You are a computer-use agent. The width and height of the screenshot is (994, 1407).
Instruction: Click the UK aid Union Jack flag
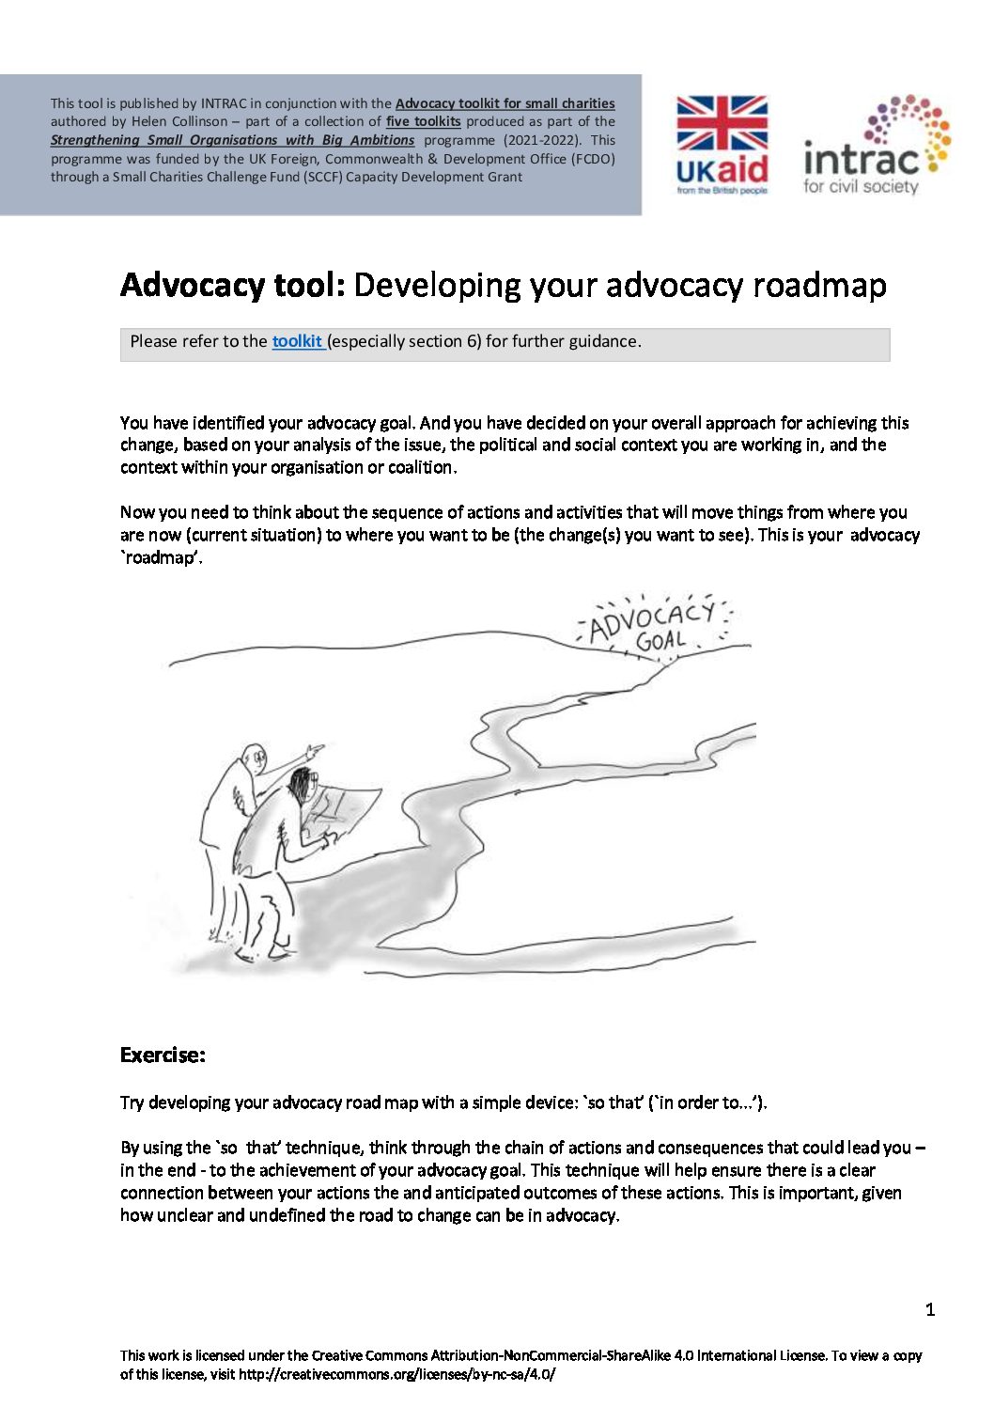[x=722, y=122]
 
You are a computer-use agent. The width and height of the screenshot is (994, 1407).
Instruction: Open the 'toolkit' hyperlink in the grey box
[x=297, y=341]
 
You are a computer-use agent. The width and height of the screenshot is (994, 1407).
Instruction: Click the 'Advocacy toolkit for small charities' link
[x=505, y=103]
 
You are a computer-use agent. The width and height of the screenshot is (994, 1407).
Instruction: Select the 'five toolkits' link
[x=423, y=121]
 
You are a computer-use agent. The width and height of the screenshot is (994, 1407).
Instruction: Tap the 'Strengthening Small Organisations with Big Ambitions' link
[x=232, y=140]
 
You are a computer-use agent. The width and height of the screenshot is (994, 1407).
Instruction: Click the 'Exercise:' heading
[x=163, y=1055]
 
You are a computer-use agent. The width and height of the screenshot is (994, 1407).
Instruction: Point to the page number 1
[x=930, y=1309]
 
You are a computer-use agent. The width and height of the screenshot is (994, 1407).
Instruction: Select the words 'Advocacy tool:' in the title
[x=233, y=285]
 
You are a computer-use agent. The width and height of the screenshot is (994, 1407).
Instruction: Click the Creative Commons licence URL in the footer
[x=396, y=1373]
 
